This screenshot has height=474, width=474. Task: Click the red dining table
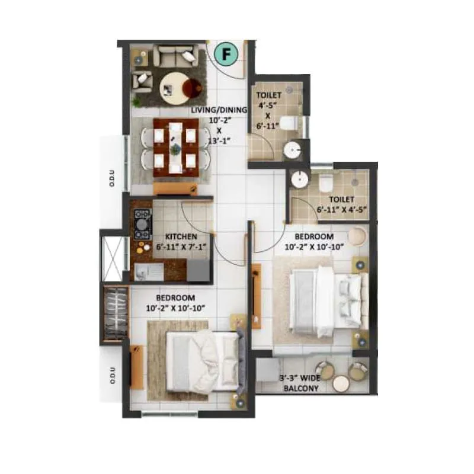(174, 146)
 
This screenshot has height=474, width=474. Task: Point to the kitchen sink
(143, 272)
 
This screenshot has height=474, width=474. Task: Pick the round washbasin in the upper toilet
(292, 150)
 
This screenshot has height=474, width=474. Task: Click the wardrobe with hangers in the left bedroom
(116, 313)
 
